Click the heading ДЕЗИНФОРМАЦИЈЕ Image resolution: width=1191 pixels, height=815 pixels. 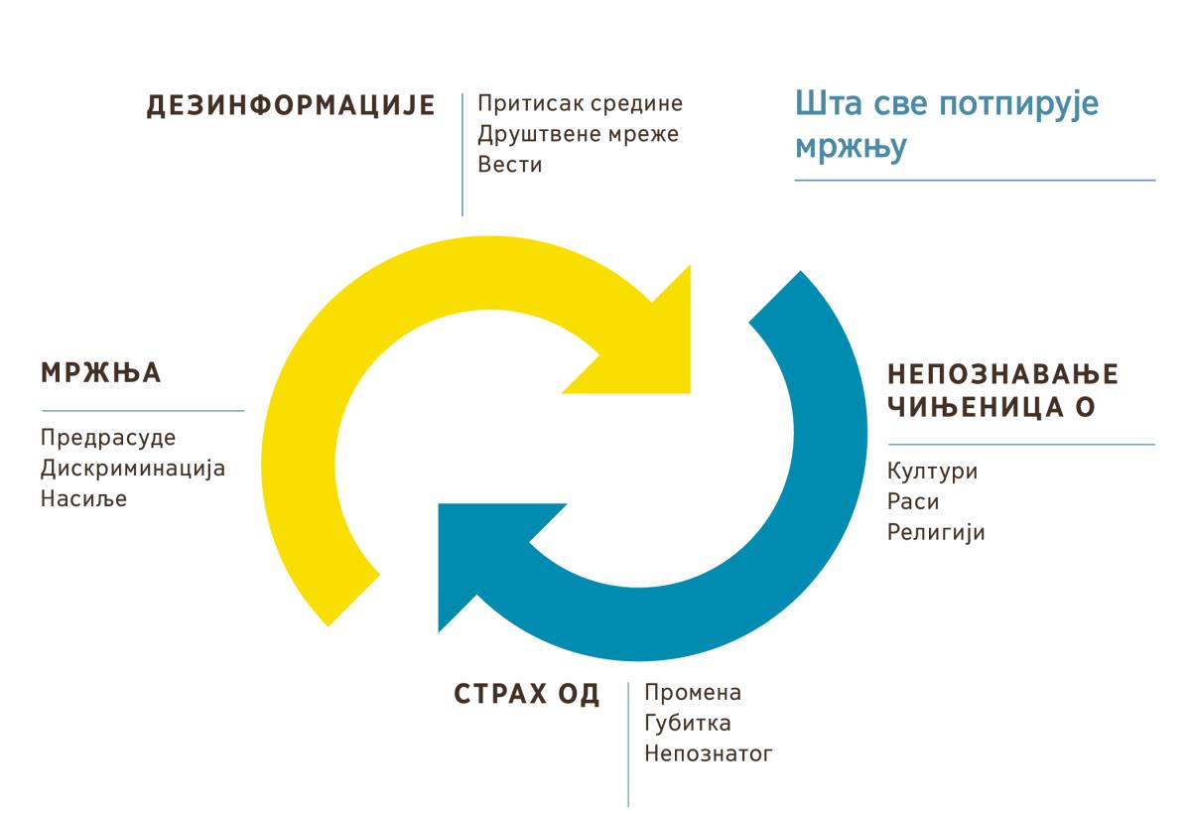click(x=291, y=106)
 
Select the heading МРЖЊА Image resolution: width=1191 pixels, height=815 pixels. click(x=101, y=373)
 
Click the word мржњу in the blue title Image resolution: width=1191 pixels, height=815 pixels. click(x=851, y=147)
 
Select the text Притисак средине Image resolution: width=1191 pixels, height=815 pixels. click(x=581, y=103)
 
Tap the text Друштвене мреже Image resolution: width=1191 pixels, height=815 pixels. click(x=579, y=134)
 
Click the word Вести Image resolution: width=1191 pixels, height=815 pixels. click(x=510, y=165)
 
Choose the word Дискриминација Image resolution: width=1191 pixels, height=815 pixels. click(x=133, y=468)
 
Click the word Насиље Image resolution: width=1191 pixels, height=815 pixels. click(x=84, y=498)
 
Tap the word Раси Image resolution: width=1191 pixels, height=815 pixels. click(x=913, y=502)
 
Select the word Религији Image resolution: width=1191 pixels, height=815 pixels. click(x=936, y=533)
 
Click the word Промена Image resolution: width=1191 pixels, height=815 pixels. click(x=693, y=693)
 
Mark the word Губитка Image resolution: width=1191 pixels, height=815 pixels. click(x=688, y=724)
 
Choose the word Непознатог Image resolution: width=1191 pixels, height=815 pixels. click(x=709, y=754)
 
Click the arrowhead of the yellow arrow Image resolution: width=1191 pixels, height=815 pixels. click(x=645, y=338)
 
